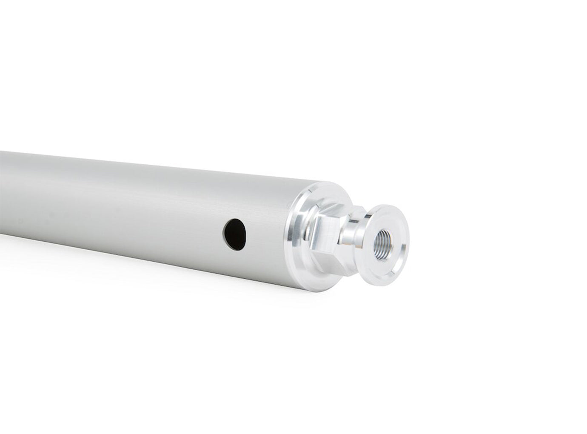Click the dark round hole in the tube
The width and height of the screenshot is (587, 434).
233,234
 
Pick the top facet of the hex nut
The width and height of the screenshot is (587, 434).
336,208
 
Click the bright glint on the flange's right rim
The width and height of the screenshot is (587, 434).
408,247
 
